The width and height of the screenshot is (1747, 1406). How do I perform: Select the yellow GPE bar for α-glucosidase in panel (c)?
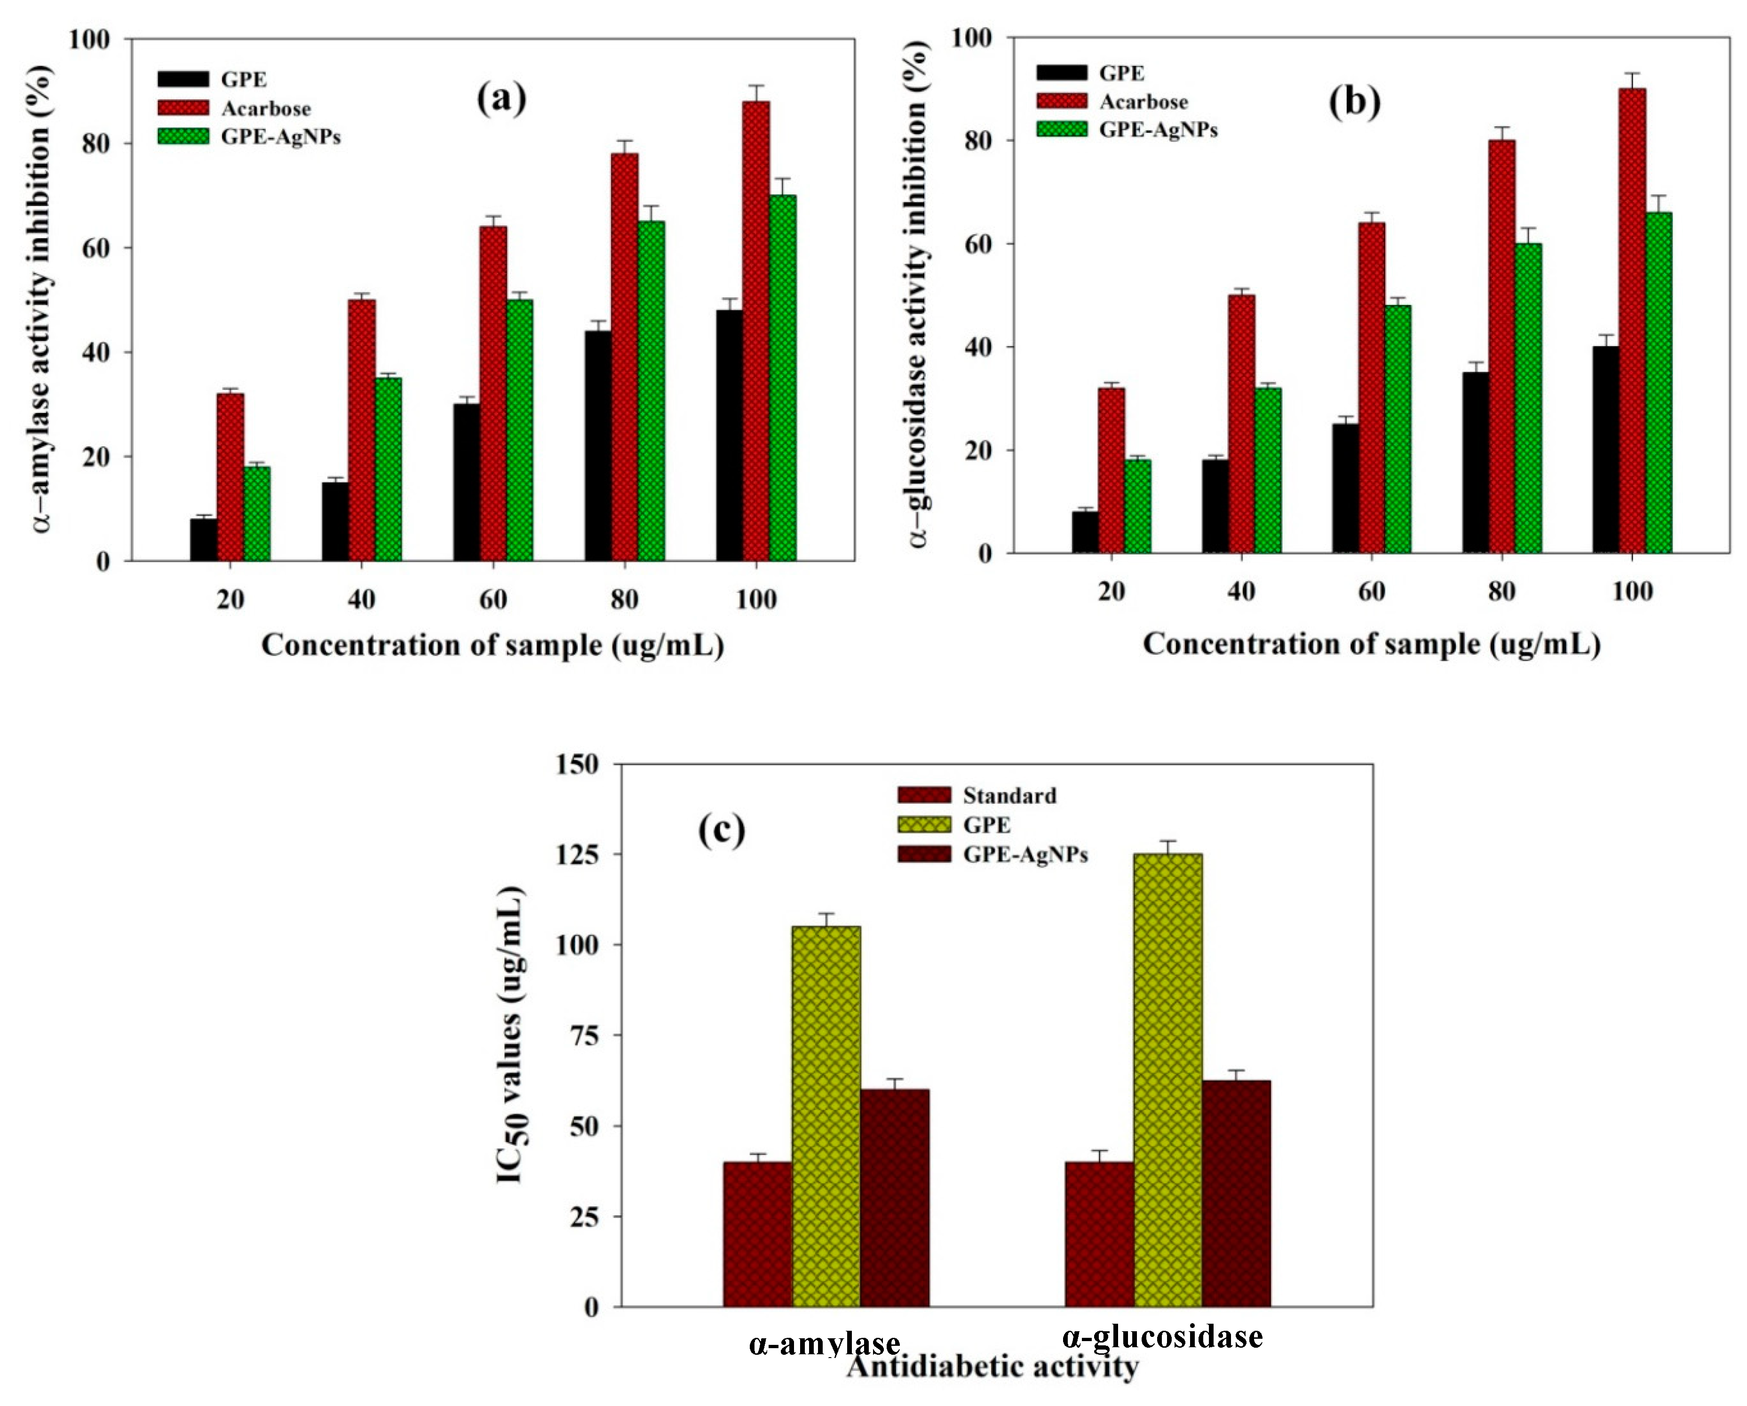[x=1167, y=1081]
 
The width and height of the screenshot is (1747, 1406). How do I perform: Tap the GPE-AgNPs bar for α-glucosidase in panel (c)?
[x=1236, y=1194]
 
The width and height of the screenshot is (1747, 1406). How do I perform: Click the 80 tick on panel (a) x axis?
[x=624, y=600]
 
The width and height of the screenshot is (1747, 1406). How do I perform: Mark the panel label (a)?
[x=501, y=99]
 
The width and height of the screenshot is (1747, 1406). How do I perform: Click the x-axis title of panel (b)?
[x=1371, y=645]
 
